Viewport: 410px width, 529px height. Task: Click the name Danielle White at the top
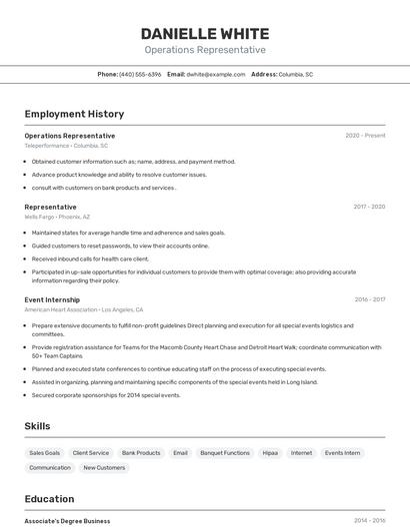pyautogui.click(x=204, y=33)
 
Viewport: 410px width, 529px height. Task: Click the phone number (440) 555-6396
pyautogui.click(x=140, y=74)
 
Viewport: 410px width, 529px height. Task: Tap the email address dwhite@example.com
pyautogui.click(x=216, y=74)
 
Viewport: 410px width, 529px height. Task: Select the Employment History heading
pyautogui.click(x=74, y=114)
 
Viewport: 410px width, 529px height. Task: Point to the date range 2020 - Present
pyautogui.click(x=365, y=136)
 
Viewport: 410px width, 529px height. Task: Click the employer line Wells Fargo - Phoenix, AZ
pyautogui.click(x=57, y=217)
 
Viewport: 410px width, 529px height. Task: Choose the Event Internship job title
pyautogui.click(x=52, y=299)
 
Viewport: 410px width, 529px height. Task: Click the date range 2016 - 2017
pyautogui.click(x=369, y=299)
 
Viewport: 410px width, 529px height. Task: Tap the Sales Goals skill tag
pyautogui.click(x=44, y=453)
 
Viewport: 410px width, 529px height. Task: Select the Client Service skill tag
pyautogui.click(x=91, y=453)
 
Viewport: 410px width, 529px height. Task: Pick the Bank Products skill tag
pyautogui.click(x=141, y=453)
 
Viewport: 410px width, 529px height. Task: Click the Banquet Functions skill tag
pyautogui.click(x=225, y=453)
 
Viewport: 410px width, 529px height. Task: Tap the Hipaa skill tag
pyautogui.click(x=270, y=453)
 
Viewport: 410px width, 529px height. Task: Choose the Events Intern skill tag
pyautogui.click(x=342, y=453)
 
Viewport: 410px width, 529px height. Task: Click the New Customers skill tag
pyautogui.click(x=104, y=467)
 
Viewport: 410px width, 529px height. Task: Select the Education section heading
pyautogui.click(x=49, y=499)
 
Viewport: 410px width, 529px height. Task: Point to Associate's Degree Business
pyautogui.click(x=67, y=521)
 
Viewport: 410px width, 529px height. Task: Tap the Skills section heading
pyautogui.click(x=37, y=426)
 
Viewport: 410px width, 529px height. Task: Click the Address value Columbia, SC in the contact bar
pyautogui.click(x=295, y=74)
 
